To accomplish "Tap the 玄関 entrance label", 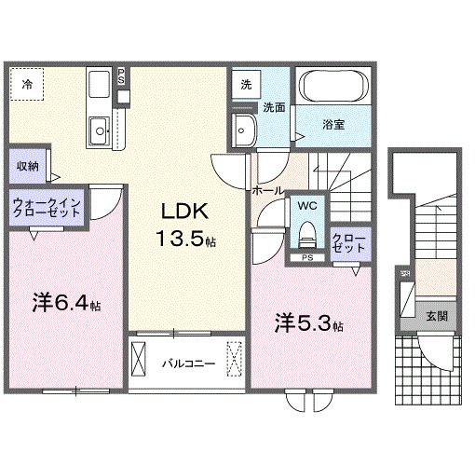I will (x=437, y=316).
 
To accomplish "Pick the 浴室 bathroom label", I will (x=334, y=123).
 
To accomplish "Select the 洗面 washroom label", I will (x=272, y=106).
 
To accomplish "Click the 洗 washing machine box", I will (x=245, y=83).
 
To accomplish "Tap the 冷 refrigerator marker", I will (x=27, y=84).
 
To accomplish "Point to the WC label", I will (x=307, y=204).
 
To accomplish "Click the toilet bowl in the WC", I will (x=307, y=232).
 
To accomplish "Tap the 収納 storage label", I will (x=27, y=166).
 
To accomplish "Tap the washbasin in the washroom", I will (x=245, y=129).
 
